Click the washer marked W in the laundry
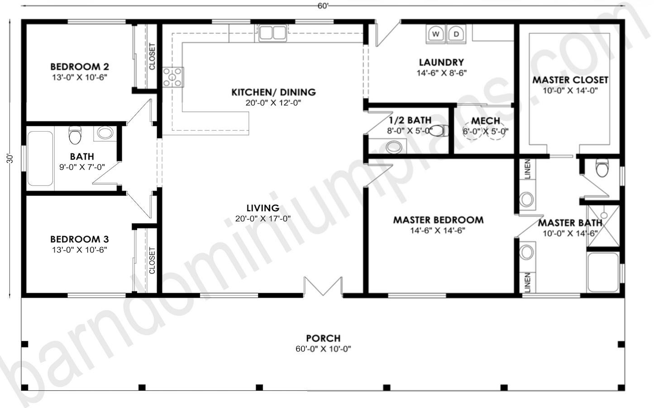436,33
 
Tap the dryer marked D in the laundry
456,33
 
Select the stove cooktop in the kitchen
173,76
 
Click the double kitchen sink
272,33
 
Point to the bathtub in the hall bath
40,158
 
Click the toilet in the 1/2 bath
439,131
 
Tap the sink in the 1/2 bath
393,147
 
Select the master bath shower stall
603,226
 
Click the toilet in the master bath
602,168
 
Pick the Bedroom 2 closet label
152,57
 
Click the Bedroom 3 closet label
152,261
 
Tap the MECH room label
485,121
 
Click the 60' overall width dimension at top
323,5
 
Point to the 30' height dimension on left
10,158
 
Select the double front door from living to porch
323,286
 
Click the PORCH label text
323,338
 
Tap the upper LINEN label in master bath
527,169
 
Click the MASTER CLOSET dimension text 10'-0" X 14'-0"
570,90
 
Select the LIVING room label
263,208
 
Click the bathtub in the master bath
602,272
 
